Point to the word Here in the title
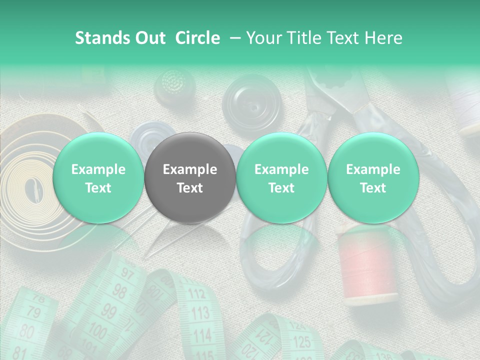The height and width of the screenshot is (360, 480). [383, 38]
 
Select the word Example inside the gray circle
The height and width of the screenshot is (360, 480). [189, 169]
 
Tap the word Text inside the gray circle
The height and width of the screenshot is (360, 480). [189, 188]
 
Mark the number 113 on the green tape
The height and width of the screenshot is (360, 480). [200, 313]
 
